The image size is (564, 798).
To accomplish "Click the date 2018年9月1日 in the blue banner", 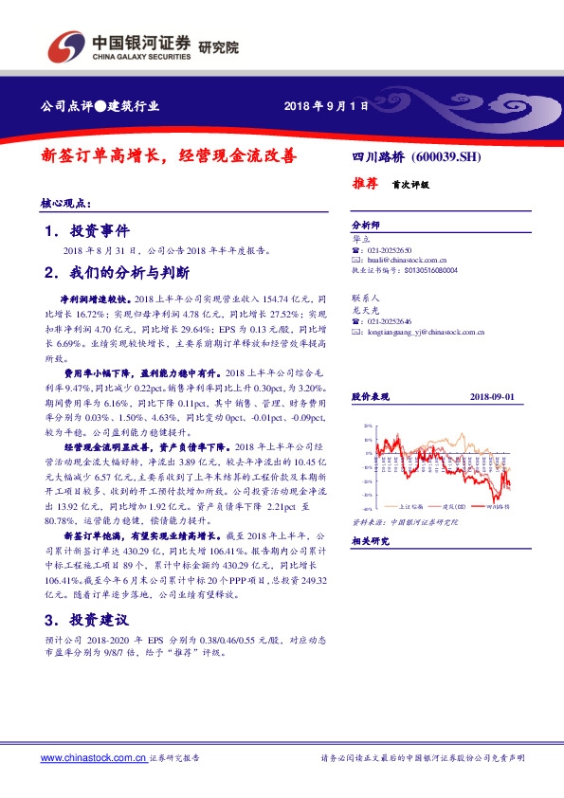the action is pyautogui.click(x=325, y=106).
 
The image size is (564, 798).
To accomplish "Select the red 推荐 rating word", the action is pyautogui.click(x=365, y=184).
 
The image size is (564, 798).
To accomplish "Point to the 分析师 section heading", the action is pyautogui.click(x=365, y=227).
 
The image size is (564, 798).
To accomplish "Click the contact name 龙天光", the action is pyautogui.click(x=364, y=311).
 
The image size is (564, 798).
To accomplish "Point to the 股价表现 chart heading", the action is pyautogui.click(x=370, y=396).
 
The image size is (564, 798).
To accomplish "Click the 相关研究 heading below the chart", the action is pyautogui.click(x=370, y=541).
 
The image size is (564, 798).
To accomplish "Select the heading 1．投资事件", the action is pyautogui.click(x=86, y=232).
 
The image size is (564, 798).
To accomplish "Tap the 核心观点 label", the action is pyautogui.click(x=64, y=203).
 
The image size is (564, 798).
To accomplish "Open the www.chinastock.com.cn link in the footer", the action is pyautogui.click(x=93, y=758).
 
